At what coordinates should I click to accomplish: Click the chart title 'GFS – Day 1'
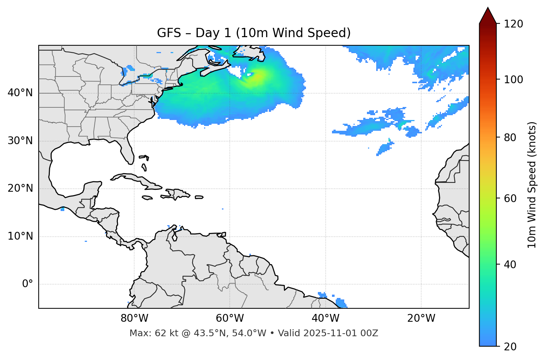click(254, 33)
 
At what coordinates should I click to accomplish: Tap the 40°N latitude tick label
click(20, 93)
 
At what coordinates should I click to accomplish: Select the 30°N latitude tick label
click(20, 141)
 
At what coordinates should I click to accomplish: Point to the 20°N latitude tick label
click(20, 188)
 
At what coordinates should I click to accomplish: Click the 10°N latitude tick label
click(20, 236)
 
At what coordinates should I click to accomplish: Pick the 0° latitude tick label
click(28, 284)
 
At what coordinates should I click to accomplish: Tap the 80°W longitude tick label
click(134, 318)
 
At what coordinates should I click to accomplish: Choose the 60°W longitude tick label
click(230, 318)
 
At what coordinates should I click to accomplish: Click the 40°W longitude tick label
click(325, 318)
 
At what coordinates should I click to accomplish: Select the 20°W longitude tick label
click(421, 318)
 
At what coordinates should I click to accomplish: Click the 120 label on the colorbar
click(513, 24)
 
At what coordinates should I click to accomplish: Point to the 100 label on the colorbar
click(513, 80)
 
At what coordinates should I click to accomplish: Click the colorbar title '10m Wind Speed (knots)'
click(532, 185)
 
